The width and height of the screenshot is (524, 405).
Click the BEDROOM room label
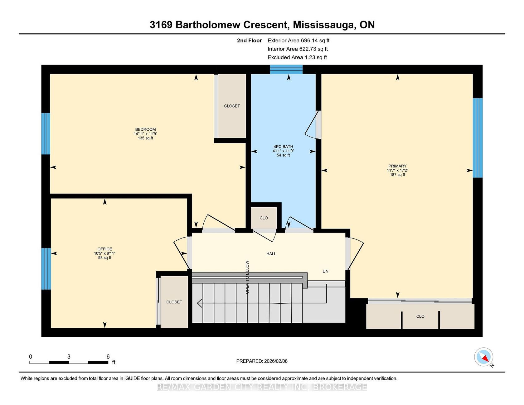[x=145, y=129]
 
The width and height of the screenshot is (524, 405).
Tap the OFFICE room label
[x=105, y=249]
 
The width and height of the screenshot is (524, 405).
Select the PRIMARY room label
[x=397, y=166]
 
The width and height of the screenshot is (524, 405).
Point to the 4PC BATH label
[x=283, y=147]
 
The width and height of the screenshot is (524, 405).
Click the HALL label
[x=271, y=254]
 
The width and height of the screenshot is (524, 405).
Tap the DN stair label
[x=326, y=271]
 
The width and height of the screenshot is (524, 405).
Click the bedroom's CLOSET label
[x=232, y=106]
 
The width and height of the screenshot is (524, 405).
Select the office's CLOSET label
[x=174, y=302]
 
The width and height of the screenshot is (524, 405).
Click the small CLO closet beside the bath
[x=264, y=218]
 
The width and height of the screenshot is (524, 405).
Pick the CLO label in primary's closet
[x=420, y=316]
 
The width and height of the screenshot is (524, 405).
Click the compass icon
[x=484, y=357]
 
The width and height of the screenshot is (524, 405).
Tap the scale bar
[x=69, y=362]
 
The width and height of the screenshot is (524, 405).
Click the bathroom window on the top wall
[x=286, y=69]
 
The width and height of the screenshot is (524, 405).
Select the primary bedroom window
[x=478, y=138]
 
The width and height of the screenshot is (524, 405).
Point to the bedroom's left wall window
[x=46, y=134]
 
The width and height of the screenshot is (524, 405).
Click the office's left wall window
[x=46, y=269]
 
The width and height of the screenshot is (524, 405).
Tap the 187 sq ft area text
[x=397, y=175]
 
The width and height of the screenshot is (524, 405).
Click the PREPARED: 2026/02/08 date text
[x=262, y=361]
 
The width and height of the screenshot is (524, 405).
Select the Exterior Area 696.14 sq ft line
[x=298, y=41]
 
